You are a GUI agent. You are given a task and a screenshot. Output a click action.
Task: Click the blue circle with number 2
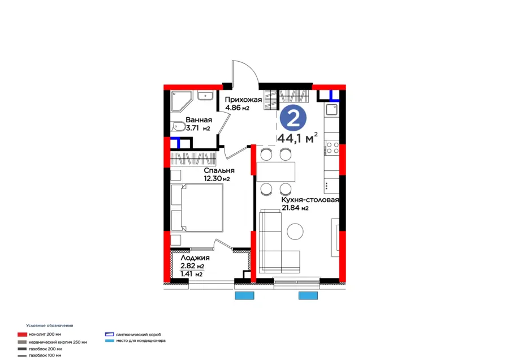(293, 118)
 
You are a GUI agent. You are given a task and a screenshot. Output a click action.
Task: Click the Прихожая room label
(243, 100)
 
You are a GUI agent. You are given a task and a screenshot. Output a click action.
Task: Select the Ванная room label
(199, 120)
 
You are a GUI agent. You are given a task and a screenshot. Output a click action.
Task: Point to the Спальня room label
(219, 170)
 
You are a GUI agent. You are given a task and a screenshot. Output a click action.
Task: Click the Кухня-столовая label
(310, 200)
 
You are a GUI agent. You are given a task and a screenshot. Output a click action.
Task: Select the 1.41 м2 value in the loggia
(192, 274)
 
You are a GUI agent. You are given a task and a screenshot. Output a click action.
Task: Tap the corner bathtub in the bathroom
(184, 100)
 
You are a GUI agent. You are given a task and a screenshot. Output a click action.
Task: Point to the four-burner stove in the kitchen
(331, 148)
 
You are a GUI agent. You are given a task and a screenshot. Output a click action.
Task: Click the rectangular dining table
(276, 170)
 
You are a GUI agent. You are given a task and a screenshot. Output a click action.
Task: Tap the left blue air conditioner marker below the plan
(244, 295)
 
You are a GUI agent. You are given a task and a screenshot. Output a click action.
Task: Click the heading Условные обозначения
(50, 326)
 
